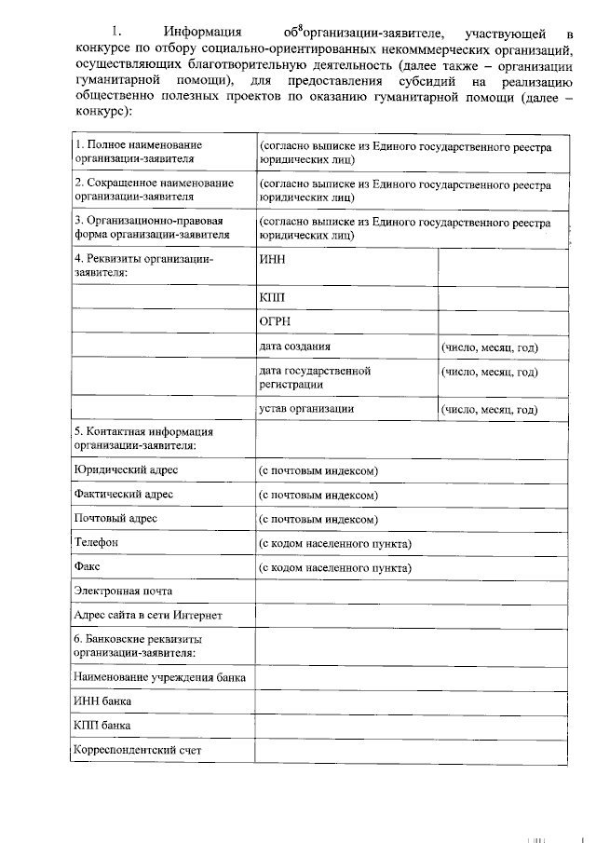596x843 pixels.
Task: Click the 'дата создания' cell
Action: (x=295, y=347)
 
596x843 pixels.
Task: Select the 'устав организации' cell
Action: (x=305, y=409)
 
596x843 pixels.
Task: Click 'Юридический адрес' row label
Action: (x=126, y=470)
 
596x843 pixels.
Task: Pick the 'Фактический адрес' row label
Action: (x=124, y=494)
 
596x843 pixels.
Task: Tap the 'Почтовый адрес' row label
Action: (x=115, y=518)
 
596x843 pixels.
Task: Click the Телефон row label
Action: (x=97, y=542)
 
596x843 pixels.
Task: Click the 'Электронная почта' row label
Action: (x=123, y=591)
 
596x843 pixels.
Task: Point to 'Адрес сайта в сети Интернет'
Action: (x=148, y=615)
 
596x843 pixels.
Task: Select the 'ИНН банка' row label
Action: (x=102, y=700)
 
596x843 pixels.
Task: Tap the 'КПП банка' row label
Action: (x=102, y=725)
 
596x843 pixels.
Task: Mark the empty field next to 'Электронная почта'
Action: (x=411, y=591)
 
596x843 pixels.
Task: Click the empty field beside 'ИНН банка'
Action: (x=411, y=700)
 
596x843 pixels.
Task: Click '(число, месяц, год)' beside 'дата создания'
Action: (x=491, y=347)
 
